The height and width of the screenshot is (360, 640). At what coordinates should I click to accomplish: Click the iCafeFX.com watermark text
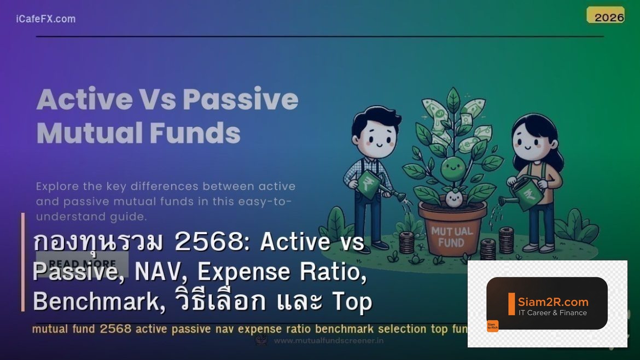click(46, 19)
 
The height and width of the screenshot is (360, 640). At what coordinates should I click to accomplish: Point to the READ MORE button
click(82, 264)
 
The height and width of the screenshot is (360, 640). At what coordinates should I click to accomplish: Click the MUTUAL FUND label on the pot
click(452, 236)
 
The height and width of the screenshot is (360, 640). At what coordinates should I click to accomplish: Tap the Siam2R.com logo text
click(553, 301)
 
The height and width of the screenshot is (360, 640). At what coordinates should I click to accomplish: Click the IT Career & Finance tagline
click(552, 313)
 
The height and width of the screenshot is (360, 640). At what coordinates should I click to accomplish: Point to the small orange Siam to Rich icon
click(492, 326)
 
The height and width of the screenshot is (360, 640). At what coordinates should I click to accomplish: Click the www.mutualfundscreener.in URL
click(328, 340)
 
